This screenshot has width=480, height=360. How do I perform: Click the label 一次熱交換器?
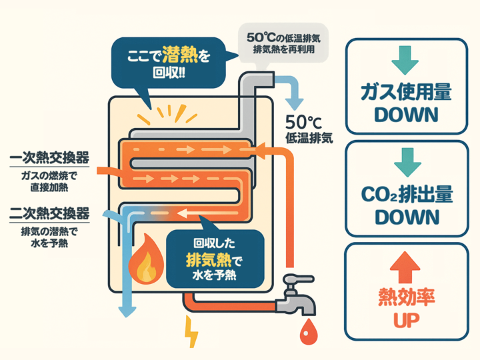tap(50, 158)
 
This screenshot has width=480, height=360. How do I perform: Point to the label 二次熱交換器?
tap(50, 214)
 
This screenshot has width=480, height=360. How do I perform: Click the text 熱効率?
tap(406, 296)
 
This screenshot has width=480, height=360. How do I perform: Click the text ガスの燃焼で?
tap(50, 175)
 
